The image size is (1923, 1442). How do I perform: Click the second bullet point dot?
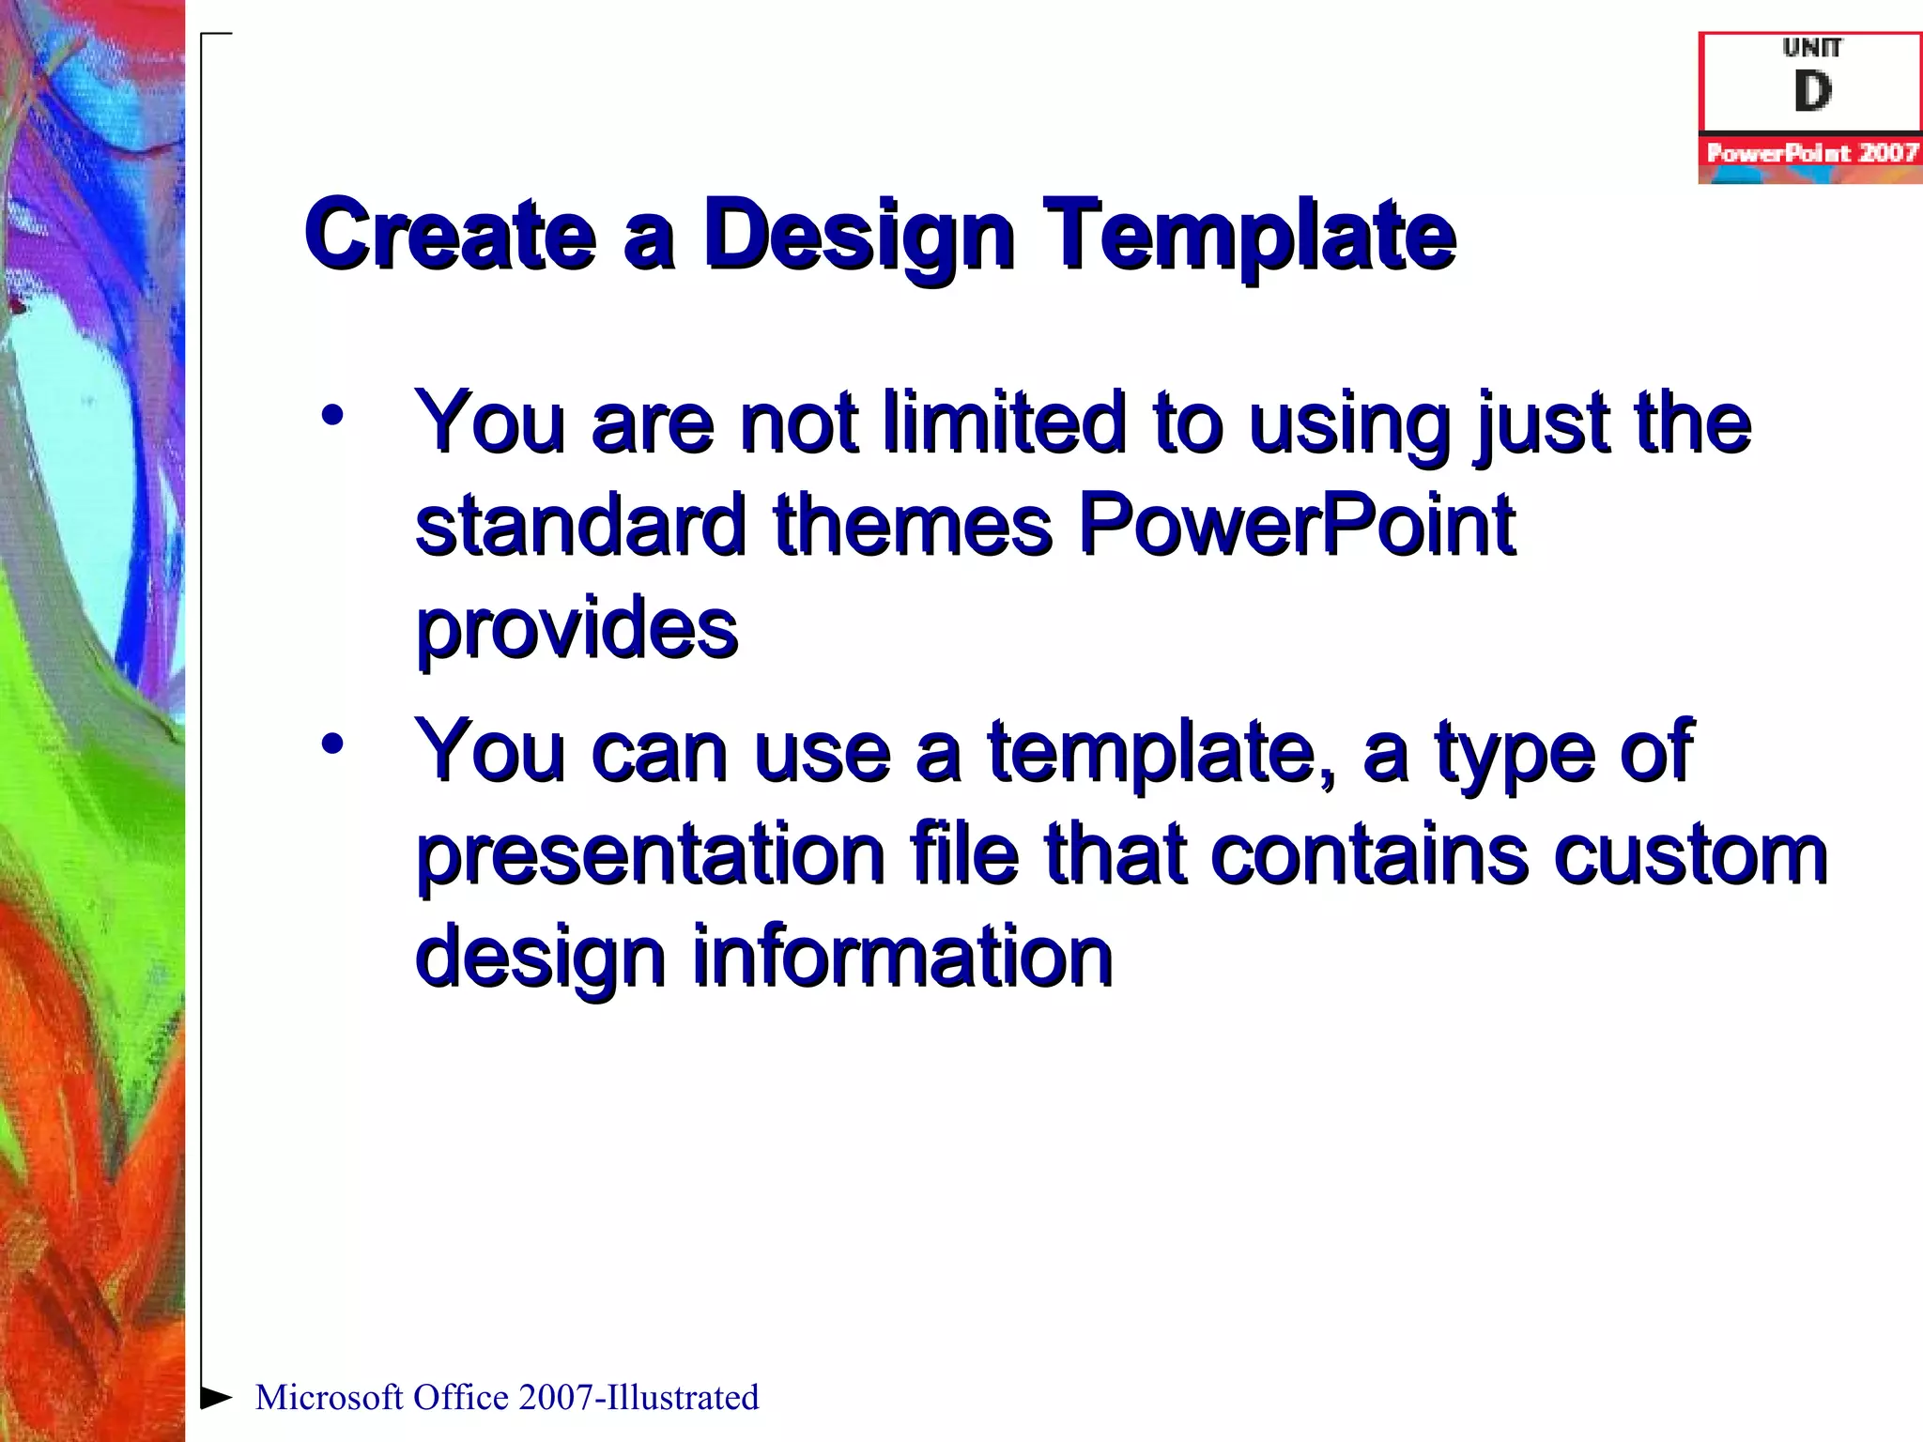[331, 744]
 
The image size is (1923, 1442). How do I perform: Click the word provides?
[577, 627]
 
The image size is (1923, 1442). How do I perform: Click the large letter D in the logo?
[1812, 92]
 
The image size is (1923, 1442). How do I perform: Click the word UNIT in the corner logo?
[1812, 47]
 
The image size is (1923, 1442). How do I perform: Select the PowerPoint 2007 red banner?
[1811, 152]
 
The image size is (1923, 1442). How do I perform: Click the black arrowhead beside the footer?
[216, 1397]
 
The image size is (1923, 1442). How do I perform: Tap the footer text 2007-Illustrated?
[638, 1398]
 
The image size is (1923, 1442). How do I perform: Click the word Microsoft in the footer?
[329, 1398]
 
